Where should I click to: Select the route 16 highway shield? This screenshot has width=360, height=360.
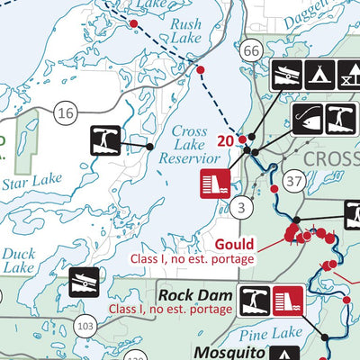tap(64, 112)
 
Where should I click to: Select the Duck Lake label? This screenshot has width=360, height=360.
tap(18, 261)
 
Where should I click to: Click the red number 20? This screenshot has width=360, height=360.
tap(226, 140)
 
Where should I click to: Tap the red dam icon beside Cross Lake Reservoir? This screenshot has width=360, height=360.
tap(211, 183)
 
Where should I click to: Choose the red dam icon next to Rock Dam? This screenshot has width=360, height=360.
tap(287, 296)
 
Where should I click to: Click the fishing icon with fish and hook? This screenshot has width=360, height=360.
tap(308, 116)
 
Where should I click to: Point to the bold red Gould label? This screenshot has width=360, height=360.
tap(237, 244)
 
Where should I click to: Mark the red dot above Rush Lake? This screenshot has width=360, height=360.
tap(134, 24)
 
